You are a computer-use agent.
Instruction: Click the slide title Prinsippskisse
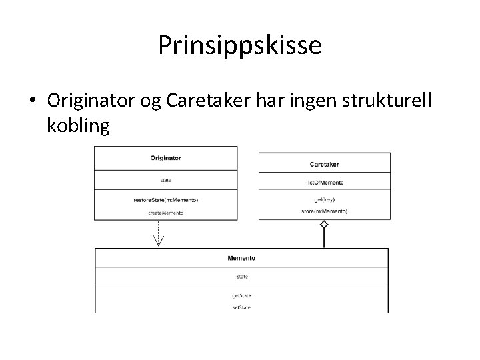coord(240,45)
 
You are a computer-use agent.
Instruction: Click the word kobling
coord(79,125)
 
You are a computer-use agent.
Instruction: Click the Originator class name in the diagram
coord(165,158)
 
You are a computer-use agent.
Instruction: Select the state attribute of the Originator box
coord(166,179)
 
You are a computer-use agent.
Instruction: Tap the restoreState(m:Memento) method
coord(166,200)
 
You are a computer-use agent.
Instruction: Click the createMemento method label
coord(166,213)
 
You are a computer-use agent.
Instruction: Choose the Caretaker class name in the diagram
coord(324,163)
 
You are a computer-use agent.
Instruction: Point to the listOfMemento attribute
coord(324,182)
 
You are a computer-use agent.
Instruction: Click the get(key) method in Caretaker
coord(324,199)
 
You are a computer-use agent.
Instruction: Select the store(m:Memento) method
coord(324,211)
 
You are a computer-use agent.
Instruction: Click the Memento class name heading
coord(241,257)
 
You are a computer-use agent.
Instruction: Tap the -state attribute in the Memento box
coord(241,277)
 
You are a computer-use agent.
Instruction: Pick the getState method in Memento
coord(241,295)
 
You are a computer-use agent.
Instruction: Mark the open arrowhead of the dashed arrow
coord(159,241)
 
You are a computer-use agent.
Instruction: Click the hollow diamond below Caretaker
coord(324,225)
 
